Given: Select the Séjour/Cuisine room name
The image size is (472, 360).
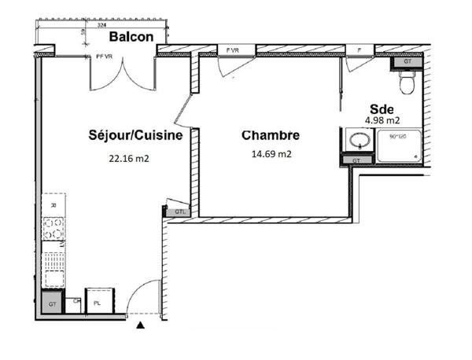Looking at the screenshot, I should coord(136,135).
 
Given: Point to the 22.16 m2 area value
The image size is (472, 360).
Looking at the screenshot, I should coord(129,157).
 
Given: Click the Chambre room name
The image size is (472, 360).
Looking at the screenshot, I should coord(271,135).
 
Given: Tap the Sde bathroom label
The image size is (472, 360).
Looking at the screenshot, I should coord(382,109).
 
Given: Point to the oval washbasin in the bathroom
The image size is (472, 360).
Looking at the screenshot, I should coord(358,142).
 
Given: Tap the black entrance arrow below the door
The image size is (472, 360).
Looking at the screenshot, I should coord(141,324).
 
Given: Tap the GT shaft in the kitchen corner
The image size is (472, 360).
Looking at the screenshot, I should coord(52,303).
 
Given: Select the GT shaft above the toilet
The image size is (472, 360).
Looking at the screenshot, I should coord(407,61).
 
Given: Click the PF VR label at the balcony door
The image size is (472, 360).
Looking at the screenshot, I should coord(105,56).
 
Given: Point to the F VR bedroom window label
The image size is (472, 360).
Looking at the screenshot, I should coord(232,50).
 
